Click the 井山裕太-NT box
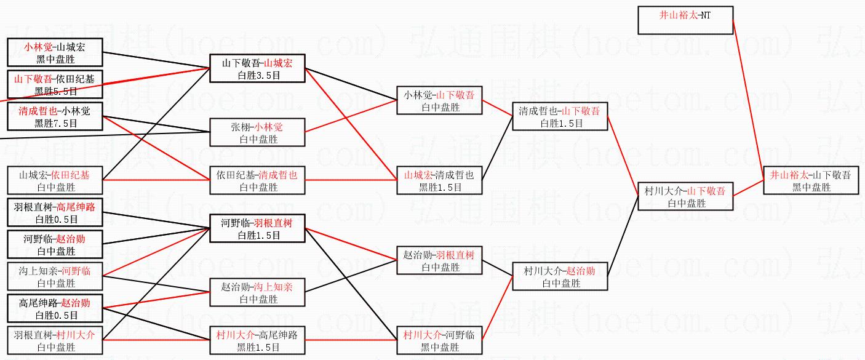coord(685,20)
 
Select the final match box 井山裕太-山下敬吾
coord(810,180)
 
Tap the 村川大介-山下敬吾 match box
coord(685,196)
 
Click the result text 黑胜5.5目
coord(56,91)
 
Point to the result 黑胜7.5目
coord(56,123)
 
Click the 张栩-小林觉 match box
coord(258,132)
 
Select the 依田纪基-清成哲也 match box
coord(258,180)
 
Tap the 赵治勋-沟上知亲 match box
coord(258,292)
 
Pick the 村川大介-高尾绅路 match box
coord(258,340)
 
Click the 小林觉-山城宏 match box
coord(55,52)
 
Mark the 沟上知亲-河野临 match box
coord(55,276)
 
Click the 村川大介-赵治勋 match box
coord(559,276)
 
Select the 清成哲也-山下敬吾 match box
coord(559,116)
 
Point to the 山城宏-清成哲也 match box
coord(439,180)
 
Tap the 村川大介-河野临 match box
coord(439,340)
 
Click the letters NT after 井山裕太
coord(705,15)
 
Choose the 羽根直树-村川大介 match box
coord(55,340)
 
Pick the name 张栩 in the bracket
coord(239,127)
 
